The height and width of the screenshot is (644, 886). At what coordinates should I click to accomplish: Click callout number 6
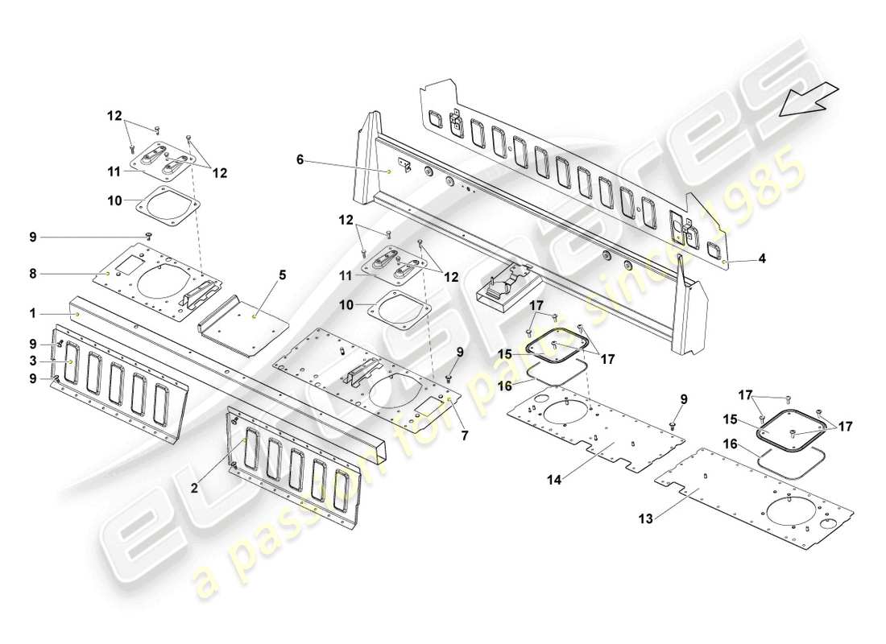pyautogui.click(x=300, y=160)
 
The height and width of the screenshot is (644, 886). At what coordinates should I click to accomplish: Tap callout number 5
pyautogui.click(x=282, y=275)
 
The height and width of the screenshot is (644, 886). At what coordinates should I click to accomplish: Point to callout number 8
pyautogui.click(x=32, y=274)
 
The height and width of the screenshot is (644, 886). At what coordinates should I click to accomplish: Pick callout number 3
pyautogui.click(x=32, y=360)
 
